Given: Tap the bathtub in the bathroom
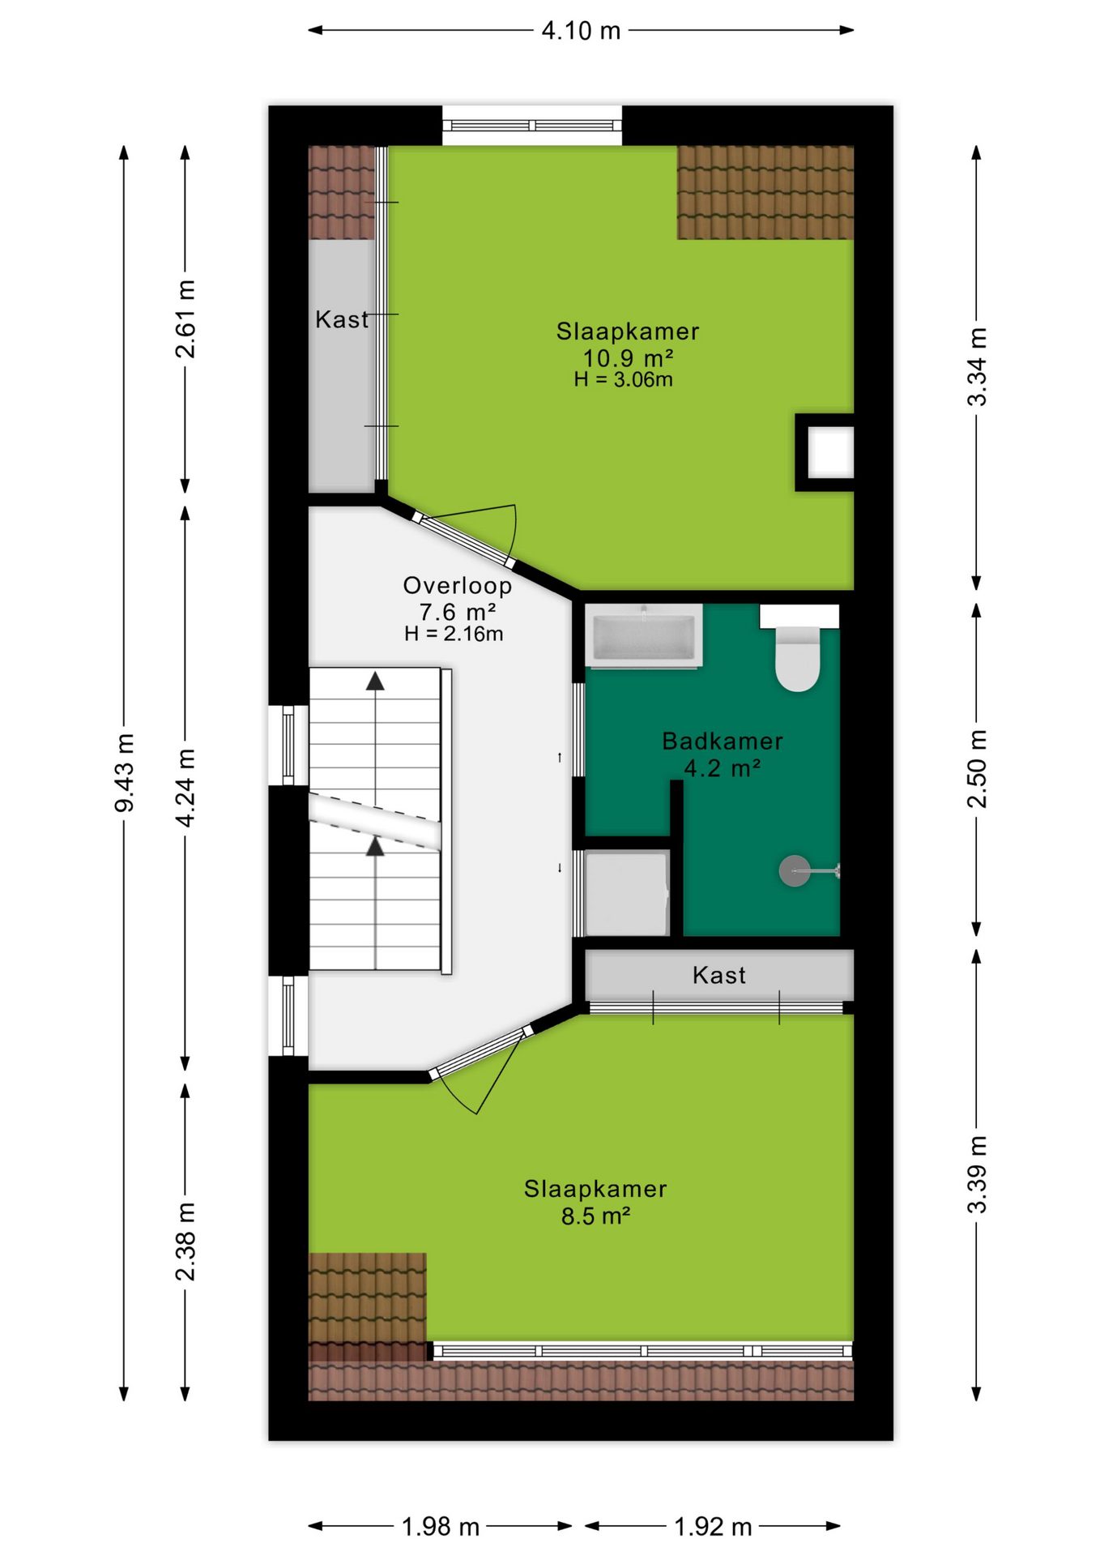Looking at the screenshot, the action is [x=643, y=636].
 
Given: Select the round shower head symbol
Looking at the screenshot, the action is [x=794, y=871].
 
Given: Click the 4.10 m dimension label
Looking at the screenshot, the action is [x=581, y=31].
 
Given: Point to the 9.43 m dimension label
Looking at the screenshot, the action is [x=124, y=772].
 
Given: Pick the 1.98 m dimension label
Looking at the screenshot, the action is [x=441, y=1527].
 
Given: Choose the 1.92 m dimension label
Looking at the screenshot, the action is [x=713, y=1527].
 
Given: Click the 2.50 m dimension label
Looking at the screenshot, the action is [x=977, y=769].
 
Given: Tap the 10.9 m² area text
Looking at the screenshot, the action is [x=629, y=357].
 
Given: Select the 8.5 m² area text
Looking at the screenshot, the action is [x=596, y=1216].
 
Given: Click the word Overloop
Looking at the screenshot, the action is [x=458, y=585].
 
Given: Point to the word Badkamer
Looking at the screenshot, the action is [x=723, y=741].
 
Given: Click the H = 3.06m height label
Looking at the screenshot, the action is [x=624, y=379].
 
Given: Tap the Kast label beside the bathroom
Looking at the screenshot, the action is [x=719, y=975].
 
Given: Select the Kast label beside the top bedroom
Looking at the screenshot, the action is [x=342, y=319].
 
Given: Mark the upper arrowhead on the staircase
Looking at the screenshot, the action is [x=375, y=682].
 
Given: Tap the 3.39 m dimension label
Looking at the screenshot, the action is [x=977, y=1173].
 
